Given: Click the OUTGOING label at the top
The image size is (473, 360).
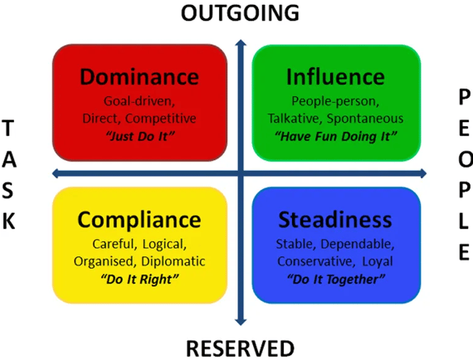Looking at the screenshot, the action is pos(240,12).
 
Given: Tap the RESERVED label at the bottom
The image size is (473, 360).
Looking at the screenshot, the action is pos(240,348).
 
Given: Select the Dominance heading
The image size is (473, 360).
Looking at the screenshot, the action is pos(139,77).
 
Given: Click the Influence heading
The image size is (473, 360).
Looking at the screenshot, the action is pos(335,77).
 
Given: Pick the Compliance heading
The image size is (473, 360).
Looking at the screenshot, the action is pos(139,220).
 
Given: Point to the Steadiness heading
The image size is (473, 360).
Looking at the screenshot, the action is pos(335,220).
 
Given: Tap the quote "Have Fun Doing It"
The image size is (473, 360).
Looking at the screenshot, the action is pos(336,136).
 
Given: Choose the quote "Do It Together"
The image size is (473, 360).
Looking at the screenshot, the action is pos(336,279).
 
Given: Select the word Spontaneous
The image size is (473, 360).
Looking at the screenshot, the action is pos(365,118).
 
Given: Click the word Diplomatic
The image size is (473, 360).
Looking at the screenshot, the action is pos(173,261).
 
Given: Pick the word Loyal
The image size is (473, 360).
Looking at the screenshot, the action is pos(377,261).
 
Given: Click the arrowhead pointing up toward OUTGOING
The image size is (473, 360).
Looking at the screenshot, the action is pos(241,43).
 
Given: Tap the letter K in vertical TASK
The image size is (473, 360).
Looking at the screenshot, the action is pos(9,221).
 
